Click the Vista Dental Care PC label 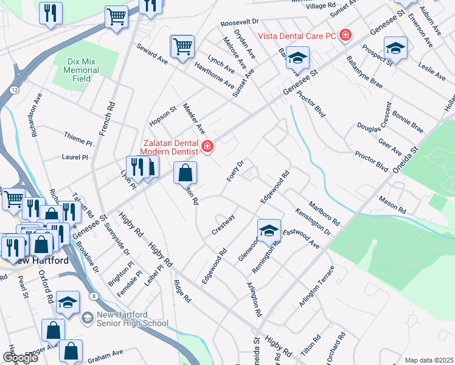pos(297,36)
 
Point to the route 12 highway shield pos(13,89)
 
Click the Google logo pos(19,358)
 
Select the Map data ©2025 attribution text pos(429,360)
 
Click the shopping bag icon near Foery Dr pos(186,173)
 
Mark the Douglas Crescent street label pos(375,117)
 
